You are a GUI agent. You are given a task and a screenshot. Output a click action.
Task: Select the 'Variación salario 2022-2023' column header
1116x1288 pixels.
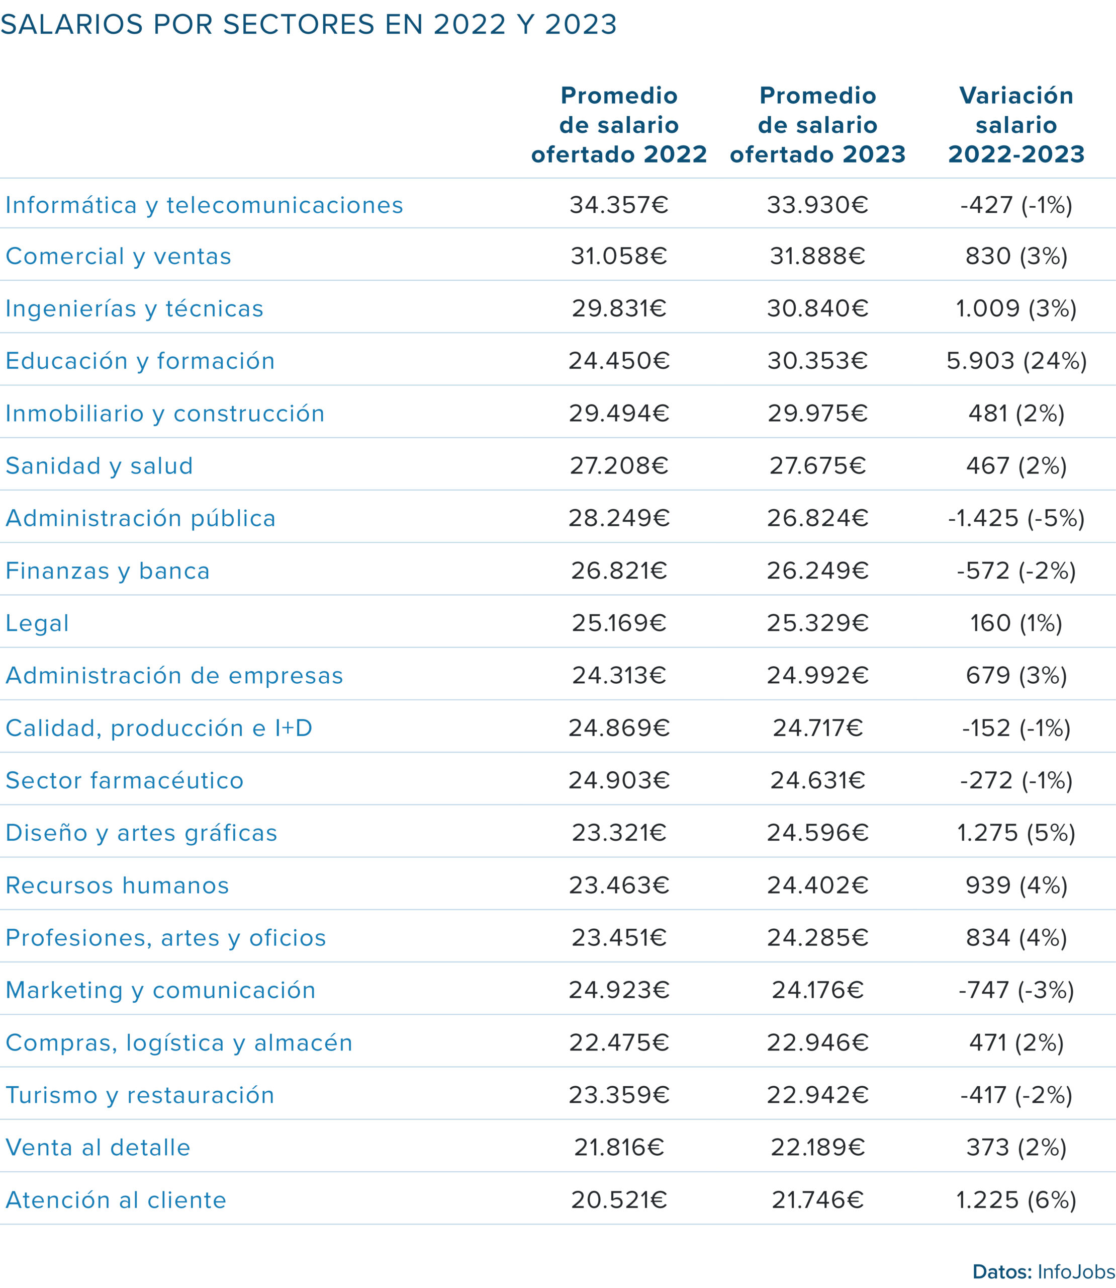pyautogui.click(x=1016, y=125)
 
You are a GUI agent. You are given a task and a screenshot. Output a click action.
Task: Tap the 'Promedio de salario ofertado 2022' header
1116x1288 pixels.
pyautogui.click(x=619, y=125)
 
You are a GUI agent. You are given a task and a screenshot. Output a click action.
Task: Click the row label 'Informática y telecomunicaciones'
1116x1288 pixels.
pyautogui.click(x=204, y=205)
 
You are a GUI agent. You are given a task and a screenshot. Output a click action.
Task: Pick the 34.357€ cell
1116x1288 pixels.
pyautogui.click(x=619, y=204)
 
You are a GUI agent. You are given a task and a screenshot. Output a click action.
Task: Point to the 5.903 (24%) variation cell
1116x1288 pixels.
pyautogui.click(x=1016, y=361)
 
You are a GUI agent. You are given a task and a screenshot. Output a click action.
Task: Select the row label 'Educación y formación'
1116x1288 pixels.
pyautogui.click(x=140, y=361)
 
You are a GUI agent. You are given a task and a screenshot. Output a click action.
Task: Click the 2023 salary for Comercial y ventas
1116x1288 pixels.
pyautogui.click(x=818, y=256)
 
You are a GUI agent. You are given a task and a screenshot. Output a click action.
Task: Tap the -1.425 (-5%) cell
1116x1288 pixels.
pyautogui.click(x=1016, y=518)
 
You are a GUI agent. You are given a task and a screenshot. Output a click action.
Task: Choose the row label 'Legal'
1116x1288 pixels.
pyautogui.click(x=37, y=623)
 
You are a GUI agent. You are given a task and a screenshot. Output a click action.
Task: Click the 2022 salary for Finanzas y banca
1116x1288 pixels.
pyautogui.click(x=619, y=570)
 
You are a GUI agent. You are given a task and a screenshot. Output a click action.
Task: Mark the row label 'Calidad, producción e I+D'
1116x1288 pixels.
pyautogui.click(x=159, y=728)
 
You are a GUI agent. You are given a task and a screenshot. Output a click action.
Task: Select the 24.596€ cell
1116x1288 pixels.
pyautogui.click(x=818, y=833)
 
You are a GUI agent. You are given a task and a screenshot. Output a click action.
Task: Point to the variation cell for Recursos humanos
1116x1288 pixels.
pyautogui.click(x=1016, y=885)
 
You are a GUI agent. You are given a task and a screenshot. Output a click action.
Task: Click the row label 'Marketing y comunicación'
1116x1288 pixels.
pyautogui.click(x=161, y=990)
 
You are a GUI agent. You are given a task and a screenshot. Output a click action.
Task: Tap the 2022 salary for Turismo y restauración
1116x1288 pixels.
pyautogui.click(x=619, y=1095)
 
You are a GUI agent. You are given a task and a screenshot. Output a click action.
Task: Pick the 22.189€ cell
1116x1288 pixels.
pyautogui.click(x=818, y=1147)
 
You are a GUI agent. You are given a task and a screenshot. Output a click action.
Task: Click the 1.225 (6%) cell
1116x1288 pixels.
pyautogui.click(x=1016, y=1199)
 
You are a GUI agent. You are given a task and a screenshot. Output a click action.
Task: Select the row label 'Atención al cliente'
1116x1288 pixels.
pyautogui.click(x=116, y=1199)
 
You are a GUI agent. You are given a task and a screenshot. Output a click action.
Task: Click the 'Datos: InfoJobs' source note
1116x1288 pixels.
pyautogui.click(x=1044, y=1272)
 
